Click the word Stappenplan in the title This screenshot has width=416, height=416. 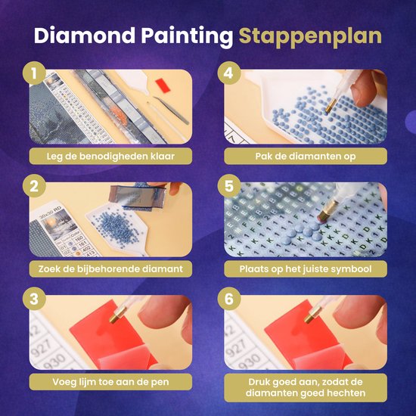(310, 36)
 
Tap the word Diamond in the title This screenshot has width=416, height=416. (85, 35)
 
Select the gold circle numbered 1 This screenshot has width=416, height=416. (34, 73)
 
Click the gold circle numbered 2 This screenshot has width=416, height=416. (34, 186)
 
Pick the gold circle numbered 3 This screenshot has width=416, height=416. (34, 299)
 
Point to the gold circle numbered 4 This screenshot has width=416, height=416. (229, 73)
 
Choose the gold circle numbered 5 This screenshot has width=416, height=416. (229, 186)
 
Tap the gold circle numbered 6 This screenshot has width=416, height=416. (229, 299)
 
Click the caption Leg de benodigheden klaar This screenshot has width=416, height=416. (110, 156)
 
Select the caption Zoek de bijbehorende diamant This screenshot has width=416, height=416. (110, 269)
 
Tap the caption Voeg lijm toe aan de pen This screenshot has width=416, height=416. (110, 382)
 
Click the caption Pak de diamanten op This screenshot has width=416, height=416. (306, 156)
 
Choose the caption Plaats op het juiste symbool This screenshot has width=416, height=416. (306, 269)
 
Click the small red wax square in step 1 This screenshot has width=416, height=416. (163, 85)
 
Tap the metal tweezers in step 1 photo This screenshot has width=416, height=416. (172, 110)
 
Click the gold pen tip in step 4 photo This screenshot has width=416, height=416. (331, 105)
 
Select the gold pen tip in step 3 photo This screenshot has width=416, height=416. (117, 315)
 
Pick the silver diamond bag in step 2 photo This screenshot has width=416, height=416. (137, 196)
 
